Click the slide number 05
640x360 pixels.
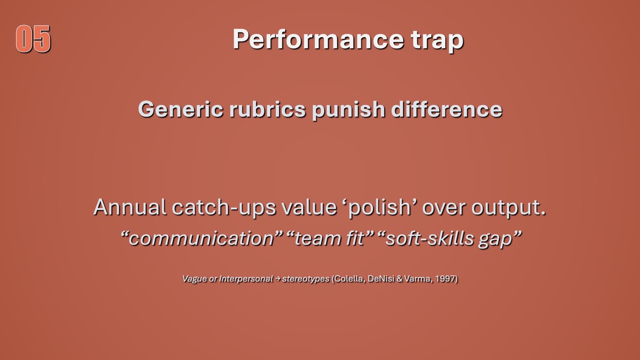click(x=34, y=39)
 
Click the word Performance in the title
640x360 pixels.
click(x=318, y=40)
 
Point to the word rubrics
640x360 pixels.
click(x=267, y=109)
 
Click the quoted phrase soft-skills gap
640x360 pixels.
click(x=449, y=239)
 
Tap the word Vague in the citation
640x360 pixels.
click(x=194, y=279)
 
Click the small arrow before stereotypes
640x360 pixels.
click(x=278, y=278)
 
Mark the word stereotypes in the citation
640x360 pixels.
click(x=306, y=279)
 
